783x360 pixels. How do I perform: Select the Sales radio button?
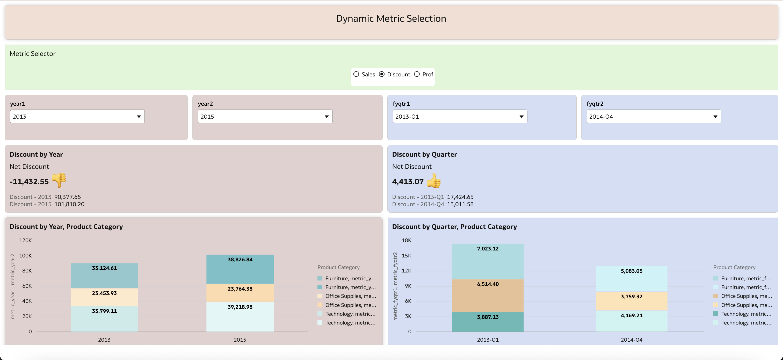(356, 74)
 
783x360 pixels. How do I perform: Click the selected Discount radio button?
(382, 74)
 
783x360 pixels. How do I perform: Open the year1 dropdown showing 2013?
(77, 117)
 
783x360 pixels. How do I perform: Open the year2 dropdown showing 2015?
(265, 117)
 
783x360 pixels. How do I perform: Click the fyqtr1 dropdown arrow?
(521, 117)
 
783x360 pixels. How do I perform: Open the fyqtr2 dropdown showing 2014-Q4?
(654, 117)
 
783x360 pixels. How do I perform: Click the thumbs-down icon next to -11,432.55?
(59, 181)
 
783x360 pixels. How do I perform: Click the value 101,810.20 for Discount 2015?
(69, 204)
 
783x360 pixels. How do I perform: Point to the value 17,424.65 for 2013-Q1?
(460, 197)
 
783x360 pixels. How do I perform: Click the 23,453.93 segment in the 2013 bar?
(104, 297)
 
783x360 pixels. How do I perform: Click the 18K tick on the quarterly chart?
(407, 240)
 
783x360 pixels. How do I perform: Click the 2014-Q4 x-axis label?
(631, 340)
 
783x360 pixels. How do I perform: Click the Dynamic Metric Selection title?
(391, 19)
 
